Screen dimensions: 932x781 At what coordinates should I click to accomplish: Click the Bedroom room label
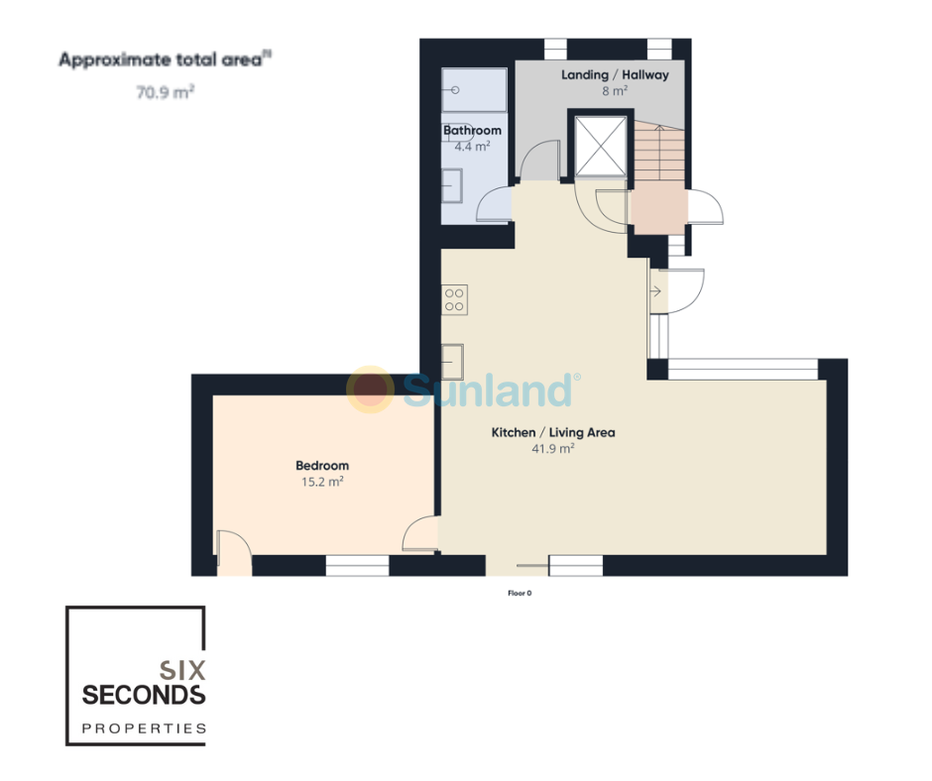coord(322,466)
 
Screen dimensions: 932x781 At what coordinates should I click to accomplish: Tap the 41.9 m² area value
coord(553,449)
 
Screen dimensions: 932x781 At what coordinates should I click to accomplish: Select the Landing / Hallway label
coord(615,75)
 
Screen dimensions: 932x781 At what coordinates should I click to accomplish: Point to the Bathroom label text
coord(472,130)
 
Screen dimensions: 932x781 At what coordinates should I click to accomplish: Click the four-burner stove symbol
coord(454,299)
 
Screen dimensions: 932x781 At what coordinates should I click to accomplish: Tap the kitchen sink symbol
coord(452,362)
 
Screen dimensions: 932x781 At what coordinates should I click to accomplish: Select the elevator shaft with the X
coord(601,147)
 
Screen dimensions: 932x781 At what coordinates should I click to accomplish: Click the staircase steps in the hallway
coord(658,152)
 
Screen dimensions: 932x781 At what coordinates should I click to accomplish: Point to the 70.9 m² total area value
coord(166,93)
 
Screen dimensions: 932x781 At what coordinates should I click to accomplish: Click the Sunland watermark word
coord(488,390)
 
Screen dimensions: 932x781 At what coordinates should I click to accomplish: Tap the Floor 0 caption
coord(520,593)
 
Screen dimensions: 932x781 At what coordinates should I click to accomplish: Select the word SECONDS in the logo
coord(144,695)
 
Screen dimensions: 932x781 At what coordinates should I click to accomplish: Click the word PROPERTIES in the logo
coord(144,728)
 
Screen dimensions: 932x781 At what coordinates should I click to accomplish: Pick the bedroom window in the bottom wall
coord(357,566)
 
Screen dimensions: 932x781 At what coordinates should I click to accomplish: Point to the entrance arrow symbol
coord(655,291)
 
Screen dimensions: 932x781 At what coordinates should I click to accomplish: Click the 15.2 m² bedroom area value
coord(322,482)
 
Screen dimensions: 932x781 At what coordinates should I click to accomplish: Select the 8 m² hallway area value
coord(615,91)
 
